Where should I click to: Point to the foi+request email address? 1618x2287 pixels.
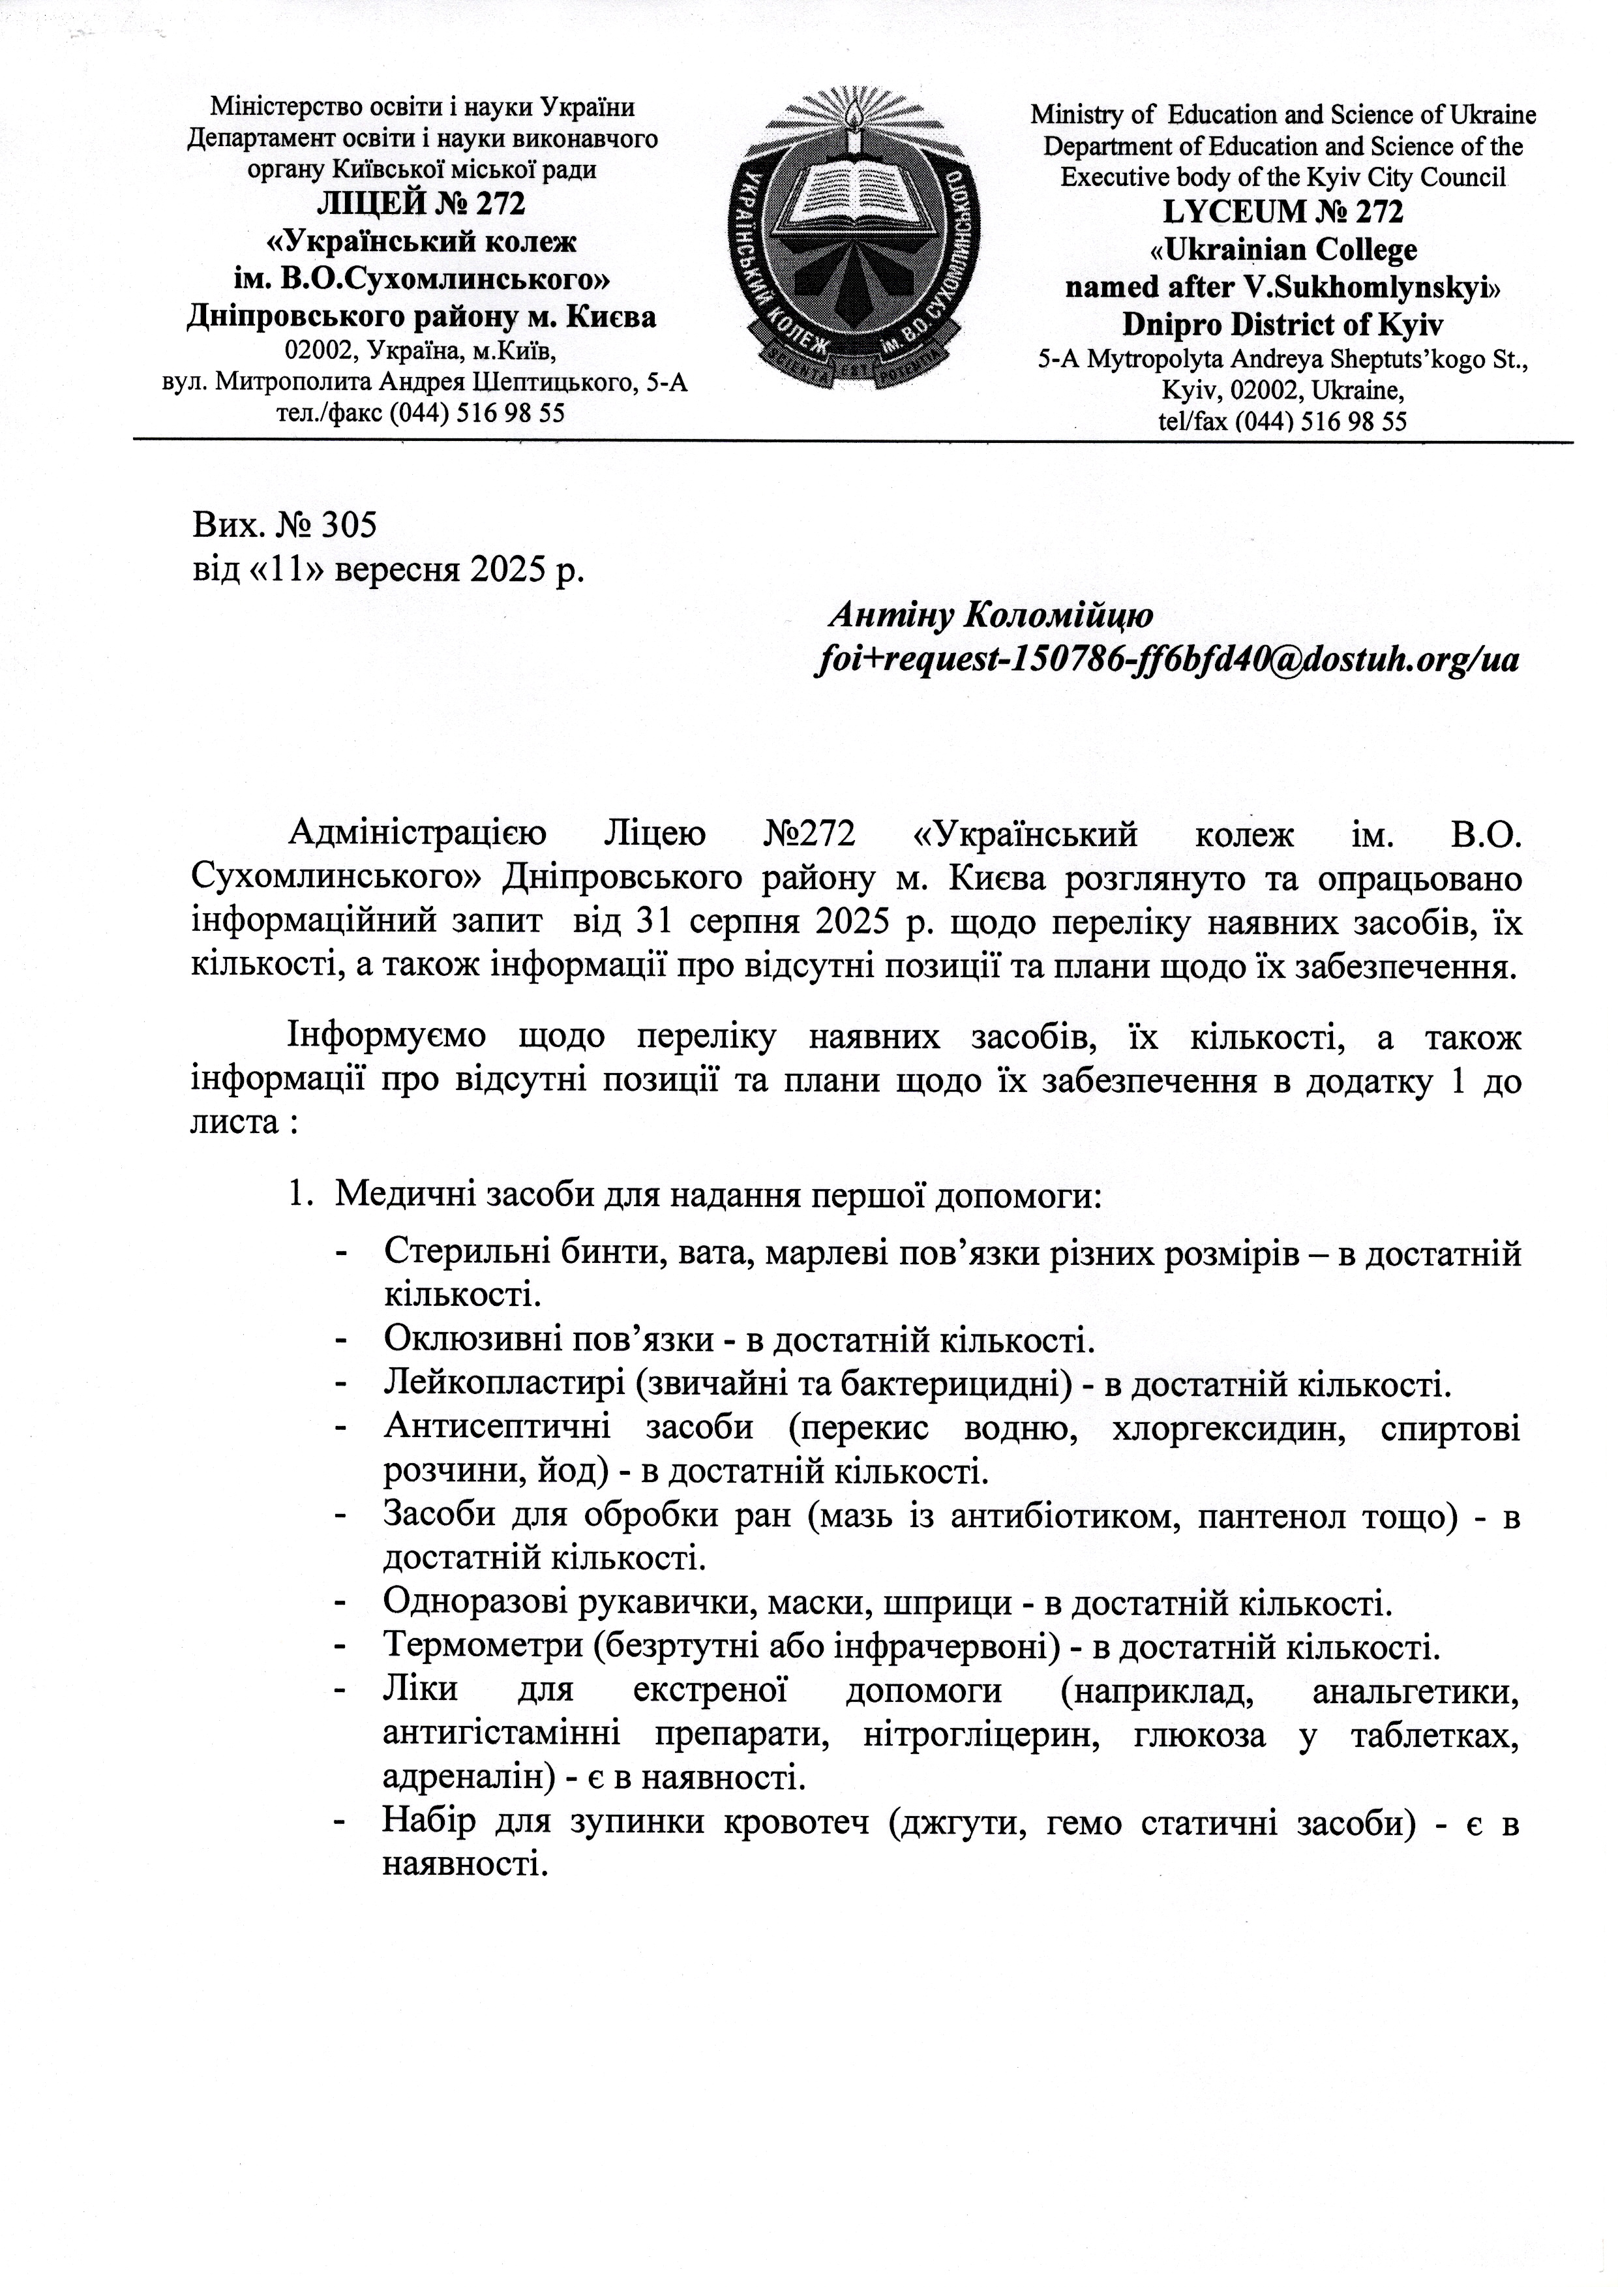click(1167, 659)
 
